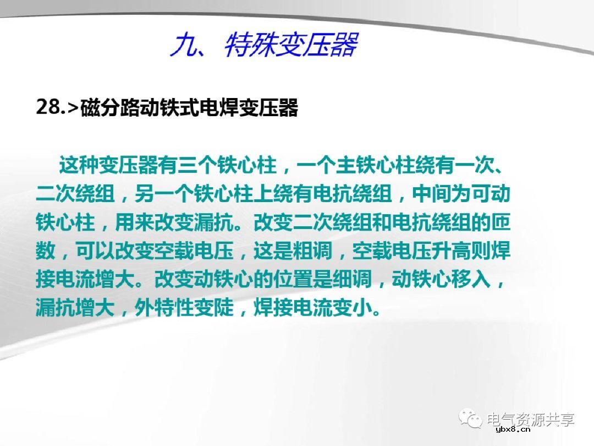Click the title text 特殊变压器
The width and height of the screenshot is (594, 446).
click(291, 45)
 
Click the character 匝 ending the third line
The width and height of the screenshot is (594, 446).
click(501, 223)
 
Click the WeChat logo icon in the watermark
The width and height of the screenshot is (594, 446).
click(472, 420)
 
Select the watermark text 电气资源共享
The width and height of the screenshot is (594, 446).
click(531, 420)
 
